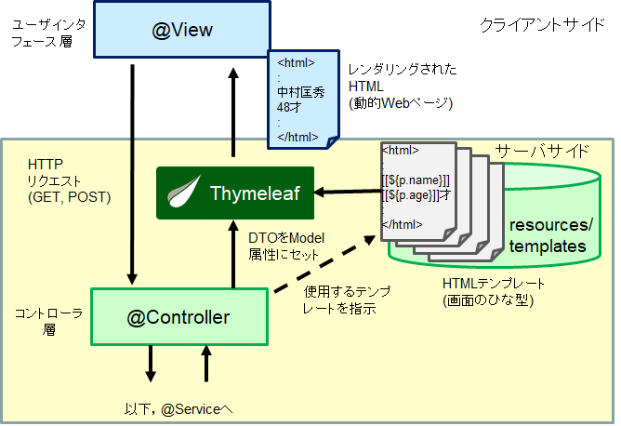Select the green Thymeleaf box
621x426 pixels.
click(x=233, y=193)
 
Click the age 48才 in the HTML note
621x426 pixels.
click(x=289, y=107)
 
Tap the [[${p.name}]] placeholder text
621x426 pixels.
click(x=416, y=180)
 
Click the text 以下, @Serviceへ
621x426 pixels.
click(x=178, y=407)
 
